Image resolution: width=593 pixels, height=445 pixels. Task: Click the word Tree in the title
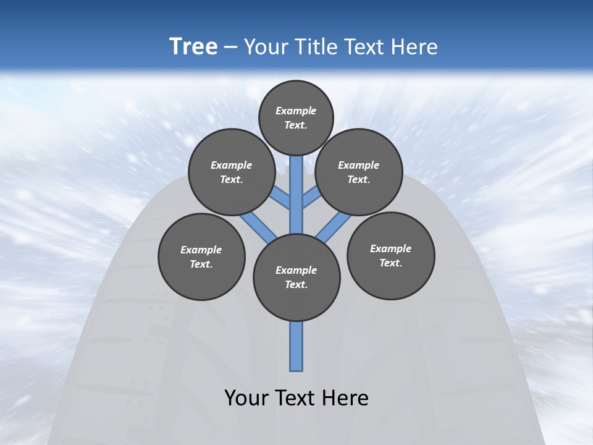click(x=193, y=47)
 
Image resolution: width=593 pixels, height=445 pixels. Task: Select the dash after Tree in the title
click(x=230, y=48)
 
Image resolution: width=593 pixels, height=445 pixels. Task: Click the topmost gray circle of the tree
click(x=296, y=117)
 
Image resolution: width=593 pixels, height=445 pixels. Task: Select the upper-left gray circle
click(x=232, y=172)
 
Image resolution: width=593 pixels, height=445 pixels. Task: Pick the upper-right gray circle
click(x=359, y=172)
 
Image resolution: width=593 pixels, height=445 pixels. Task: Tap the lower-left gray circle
click(x=201, y=256)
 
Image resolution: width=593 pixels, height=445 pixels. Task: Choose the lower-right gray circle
click(x=391, y=255)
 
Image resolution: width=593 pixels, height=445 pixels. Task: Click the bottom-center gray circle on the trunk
click(x=296, y=277)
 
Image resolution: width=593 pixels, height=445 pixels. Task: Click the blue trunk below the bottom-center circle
click(x=296, y=346)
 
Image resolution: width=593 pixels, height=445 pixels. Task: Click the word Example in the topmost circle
click(x=296, y=111)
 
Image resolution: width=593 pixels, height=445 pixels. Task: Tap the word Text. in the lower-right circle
click(x=391, y=263)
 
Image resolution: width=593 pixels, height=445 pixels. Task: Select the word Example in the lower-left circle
click(x=201, y=250)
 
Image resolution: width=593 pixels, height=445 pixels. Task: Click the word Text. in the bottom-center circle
click(x=296, y=284)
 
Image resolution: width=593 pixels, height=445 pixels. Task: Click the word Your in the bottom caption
click(x=246, y=398)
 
